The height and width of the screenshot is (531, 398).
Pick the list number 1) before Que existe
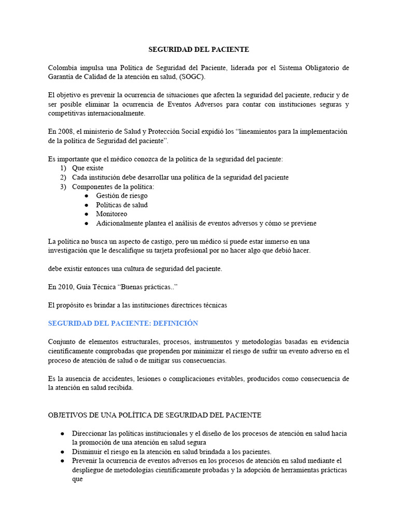point(63,168)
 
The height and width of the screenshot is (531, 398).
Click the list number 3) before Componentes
point(63,187)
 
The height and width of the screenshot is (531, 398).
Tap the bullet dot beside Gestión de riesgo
point(86,195)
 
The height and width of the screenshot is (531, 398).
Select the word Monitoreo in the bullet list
point(111,214)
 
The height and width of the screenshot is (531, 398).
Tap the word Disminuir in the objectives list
point(89,452)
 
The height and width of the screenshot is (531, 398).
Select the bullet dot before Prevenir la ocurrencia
point(62,460)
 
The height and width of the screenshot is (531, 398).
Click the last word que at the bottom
point(78,479)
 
